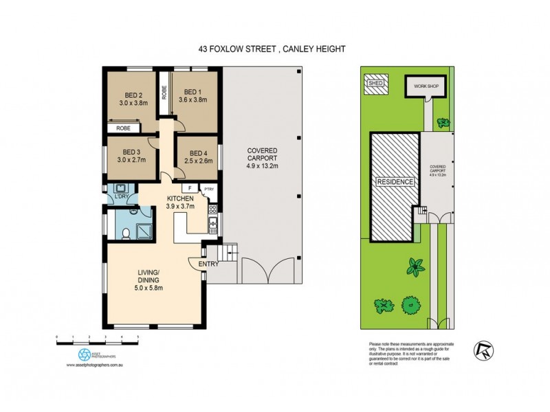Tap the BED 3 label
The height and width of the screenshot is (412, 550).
click(x=132, y=152)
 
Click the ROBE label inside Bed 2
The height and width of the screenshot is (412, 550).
click(x=124, y=128)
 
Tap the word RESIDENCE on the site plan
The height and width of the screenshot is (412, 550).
click(x=395, y=182)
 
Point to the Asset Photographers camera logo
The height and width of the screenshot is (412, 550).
click(x=84, y=354)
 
